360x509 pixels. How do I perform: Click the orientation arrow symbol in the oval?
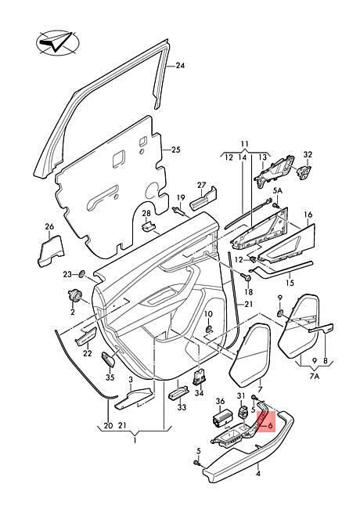58,42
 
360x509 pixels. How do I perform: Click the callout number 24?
180,66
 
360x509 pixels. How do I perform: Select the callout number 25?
175,150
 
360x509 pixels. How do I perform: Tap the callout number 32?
308,154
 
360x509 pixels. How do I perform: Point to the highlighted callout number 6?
270,425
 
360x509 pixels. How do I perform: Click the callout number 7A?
315,377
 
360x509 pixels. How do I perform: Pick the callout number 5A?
278,191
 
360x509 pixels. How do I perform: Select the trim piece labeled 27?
203,200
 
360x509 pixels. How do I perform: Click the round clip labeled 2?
74,295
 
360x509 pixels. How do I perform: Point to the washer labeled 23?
81,274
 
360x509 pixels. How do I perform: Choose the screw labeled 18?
247,278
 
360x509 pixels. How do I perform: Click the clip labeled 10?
208,329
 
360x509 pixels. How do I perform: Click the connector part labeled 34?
199,377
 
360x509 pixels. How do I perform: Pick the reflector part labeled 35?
108,359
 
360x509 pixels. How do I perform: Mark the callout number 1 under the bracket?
135,441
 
